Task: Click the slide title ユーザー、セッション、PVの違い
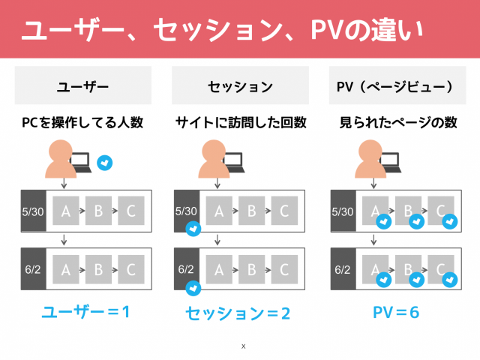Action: coord(222,30)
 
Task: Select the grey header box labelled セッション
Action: coord(240,85)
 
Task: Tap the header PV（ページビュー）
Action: coord(394,87)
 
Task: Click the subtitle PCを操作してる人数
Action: coord(82,122)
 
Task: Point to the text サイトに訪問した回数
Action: coord(241,122)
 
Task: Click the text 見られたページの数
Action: coord(398,122)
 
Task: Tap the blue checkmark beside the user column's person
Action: coord(105,163)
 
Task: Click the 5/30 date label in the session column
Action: coord(186,211)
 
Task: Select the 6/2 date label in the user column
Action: coord(33,269)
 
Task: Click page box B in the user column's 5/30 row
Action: coord(98,211)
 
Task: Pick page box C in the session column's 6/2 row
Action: coord(284,269)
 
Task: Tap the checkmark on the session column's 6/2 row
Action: coord(193,288)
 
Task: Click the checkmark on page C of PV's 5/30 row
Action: coord(450,222)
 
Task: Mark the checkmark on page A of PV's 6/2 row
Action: coord(383,280)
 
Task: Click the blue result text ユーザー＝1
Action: coord(85,312)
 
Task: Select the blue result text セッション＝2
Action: coord(238,313)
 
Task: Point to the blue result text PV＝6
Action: coord(396,313)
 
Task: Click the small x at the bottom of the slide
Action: coord(243,346)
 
